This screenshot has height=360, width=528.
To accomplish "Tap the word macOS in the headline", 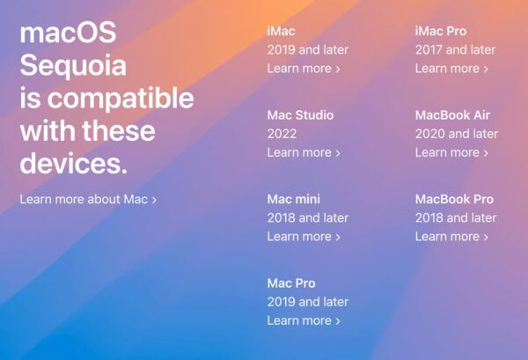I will [x=68, y=34].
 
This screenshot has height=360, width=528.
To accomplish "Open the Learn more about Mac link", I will [x=88, y=200].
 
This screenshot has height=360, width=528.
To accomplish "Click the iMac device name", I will [x=281, y=31].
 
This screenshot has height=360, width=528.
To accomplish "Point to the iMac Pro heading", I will [x=441, y=31].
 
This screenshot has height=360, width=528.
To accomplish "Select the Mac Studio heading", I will [x=300, y=115].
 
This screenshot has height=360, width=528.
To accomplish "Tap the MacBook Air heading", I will [x=452, y=115].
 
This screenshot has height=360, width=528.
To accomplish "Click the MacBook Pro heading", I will [x=454, y=199].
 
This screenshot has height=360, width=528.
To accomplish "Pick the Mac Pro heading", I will [x=291, y=283].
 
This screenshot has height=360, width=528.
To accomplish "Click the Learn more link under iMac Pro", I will [x=451, y=69].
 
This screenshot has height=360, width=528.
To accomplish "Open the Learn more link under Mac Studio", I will [x=304, y=152].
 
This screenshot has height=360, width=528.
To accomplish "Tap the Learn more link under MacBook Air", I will [x=451, y=152].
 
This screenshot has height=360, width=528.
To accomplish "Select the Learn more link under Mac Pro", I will [x=304, y=320].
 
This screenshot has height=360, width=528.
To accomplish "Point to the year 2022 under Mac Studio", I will [x=282, y=134].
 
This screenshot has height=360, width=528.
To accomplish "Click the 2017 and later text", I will [x=456, y=50].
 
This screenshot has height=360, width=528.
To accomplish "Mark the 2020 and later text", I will [x=456, y=134].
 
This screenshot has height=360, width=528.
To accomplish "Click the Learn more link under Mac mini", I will [x=304, y=236].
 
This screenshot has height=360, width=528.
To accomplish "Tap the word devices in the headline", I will [x=73, y=164].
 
